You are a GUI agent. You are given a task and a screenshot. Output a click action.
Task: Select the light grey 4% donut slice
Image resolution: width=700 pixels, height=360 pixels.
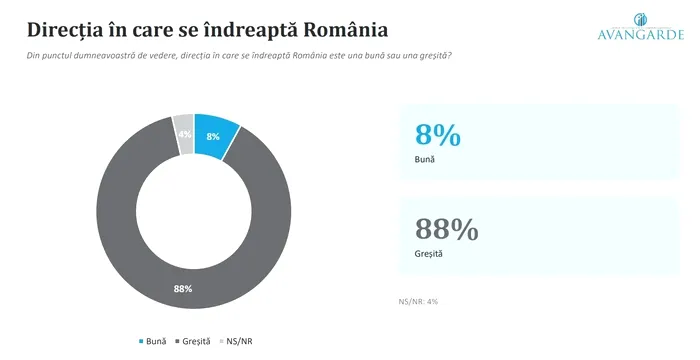[x=183, y=134]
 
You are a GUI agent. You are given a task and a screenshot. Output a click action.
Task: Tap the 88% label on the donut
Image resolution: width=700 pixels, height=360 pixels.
[x=183, y=289]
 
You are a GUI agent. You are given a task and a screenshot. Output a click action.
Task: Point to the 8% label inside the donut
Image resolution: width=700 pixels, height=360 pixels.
[x=213, y=137]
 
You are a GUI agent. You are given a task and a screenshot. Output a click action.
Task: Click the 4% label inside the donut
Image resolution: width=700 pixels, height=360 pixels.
[x=185, y=134]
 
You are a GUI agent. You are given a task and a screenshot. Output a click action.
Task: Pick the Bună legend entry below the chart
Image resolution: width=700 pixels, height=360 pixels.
[x=153, y=341]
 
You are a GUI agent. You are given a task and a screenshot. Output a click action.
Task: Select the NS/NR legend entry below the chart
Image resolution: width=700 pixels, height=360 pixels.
[x=236, y=341]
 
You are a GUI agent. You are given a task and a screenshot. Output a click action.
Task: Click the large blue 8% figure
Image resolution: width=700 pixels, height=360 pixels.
[x=438, y=134]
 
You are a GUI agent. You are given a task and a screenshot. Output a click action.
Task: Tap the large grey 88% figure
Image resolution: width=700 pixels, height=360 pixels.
[x=446, y=229]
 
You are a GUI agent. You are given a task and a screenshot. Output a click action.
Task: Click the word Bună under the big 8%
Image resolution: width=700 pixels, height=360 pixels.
[x=425, y=159]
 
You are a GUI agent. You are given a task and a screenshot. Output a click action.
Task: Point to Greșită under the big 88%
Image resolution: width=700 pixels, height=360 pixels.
[x=429, y=254]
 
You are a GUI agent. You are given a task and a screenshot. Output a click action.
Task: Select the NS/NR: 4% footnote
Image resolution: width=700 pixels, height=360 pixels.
[x=418, y=301]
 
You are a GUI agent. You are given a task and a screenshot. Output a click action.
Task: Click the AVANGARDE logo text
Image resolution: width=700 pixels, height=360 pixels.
[x=641, y=34]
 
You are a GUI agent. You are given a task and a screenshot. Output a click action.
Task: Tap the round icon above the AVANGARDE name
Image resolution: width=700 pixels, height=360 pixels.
[x=640, y=20]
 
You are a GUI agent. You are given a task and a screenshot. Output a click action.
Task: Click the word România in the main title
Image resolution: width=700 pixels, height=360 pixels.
[x=346, y=30]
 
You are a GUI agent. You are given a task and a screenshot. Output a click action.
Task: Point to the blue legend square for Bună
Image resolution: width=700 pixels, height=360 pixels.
[x=142, y=342]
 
